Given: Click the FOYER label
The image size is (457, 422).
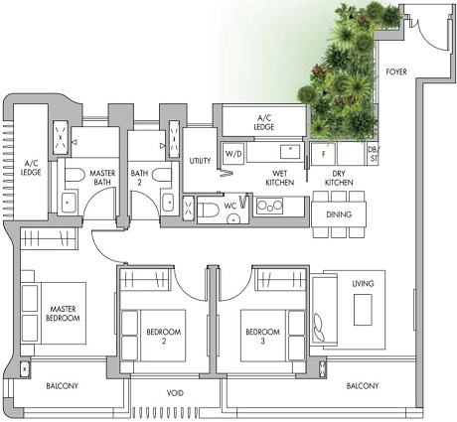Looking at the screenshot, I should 397,71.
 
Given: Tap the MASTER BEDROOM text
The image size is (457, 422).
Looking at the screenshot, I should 65,315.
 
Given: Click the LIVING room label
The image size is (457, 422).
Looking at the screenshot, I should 363,284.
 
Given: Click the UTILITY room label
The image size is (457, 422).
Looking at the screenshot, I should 199,161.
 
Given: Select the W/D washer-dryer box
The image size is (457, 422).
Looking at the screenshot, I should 233,154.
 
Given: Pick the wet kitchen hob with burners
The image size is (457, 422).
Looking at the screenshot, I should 269,206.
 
